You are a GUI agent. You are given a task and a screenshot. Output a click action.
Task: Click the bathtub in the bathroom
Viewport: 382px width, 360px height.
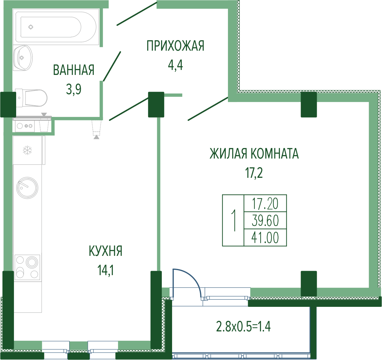point(56,27)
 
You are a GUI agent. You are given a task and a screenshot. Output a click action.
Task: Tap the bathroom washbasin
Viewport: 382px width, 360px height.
point(23,58)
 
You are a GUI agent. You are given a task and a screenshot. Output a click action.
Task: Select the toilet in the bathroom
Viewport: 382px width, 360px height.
point(31,98)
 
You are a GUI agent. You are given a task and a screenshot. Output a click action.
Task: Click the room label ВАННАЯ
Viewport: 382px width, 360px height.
point(74,70)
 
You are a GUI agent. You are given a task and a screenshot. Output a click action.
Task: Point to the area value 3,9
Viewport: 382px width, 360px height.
point(74,89)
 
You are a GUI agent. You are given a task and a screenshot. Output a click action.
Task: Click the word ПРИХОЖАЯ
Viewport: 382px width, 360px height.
point(175,46)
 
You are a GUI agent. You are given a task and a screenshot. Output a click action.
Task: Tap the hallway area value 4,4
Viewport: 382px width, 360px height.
point(175,65)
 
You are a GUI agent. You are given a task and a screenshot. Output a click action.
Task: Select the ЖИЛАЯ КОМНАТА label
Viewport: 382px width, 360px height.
point(254,154)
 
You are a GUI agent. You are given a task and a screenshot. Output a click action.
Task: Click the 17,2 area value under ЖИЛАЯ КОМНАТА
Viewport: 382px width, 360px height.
point(254,173)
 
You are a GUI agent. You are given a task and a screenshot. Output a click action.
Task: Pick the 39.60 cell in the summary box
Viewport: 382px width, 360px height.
point(265,221)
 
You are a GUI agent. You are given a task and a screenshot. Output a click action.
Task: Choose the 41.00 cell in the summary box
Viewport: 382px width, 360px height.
point(265,238)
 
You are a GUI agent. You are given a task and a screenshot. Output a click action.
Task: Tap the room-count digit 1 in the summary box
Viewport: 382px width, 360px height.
point(234,220)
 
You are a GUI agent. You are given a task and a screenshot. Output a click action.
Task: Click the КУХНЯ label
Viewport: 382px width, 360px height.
point(106,251)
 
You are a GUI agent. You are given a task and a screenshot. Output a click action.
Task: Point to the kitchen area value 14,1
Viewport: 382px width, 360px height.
point(106,270)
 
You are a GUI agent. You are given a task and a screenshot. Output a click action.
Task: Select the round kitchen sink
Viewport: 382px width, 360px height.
point(27,188)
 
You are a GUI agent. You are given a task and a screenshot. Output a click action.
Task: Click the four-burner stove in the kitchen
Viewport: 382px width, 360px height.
point(27,267)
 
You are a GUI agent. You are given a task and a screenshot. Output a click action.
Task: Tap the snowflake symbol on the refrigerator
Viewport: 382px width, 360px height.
point(27,150)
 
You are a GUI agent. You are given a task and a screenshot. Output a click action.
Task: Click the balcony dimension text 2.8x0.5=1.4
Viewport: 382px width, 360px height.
point(243,326)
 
